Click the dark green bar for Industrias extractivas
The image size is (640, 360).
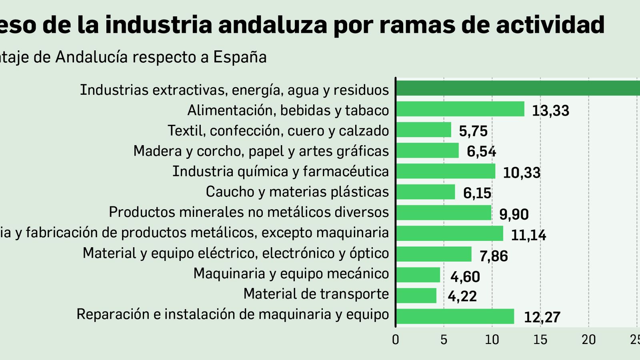coord(518,88)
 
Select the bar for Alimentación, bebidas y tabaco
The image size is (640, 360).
coord(460,109)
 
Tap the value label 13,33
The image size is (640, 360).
coord(550,111)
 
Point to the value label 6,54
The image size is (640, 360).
coord(481,152)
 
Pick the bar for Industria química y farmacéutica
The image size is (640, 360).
coord(446,171)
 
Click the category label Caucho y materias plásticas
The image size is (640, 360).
coord(297,192)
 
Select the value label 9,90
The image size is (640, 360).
coord(514,214)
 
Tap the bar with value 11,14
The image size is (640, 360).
coord(450,233)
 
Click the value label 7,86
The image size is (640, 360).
coord(494,256)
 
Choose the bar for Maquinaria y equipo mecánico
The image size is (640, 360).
coord(418,275)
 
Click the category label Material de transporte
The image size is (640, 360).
coord(316,294)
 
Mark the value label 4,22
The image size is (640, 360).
coord(462,296)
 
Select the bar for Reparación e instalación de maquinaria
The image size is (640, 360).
coord(455,316)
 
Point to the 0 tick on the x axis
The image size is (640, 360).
coord(396,340)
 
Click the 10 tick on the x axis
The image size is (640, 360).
coord(492,340)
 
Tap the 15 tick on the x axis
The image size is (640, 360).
coord(540,340)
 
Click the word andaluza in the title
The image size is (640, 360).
coord(273,25)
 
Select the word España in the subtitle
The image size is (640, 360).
coord(240,57)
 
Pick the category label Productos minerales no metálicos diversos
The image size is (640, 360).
coord(249,212)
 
